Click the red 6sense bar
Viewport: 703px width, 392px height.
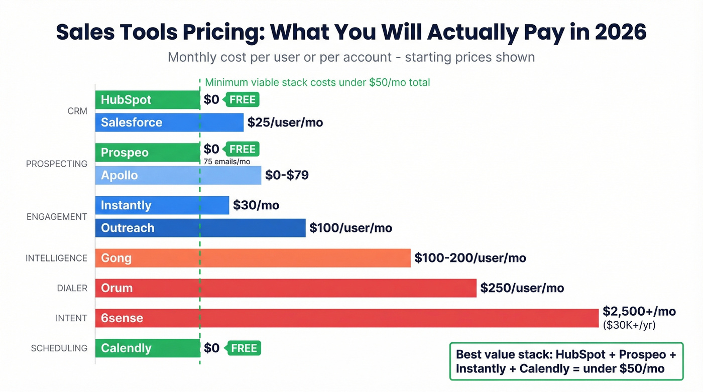tap(346, 318)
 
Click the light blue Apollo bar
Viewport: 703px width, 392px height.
tap(178, 176)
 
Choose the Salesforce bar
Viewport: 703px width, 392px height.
tap(169, 122)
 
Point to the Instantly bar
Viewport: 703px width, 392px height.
tap(162, 205)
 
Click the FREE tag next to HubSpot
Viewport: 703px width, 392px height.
tap(242, 100)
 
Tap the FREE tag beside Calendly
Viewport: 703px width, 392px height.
tap(244, 348)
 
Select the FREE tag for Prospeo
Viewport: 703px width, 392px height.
tap(242, 149)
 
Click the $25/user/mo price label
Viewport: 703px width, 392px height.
tap(285, 122)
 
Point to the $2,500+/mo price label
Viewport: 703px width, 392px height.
tap(639, 311)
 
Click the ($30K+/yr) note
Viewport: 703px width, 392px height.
tap(629, 325)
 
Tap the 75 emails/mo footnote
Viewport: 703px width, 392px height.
tap(226, 162)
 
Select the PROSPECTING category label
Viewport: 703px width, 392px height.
tap(57, 164)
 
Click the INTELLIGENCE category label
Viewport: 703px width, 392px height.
tap(57, 258)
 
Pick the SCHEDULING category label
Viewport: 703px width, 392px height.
tap(59, 348)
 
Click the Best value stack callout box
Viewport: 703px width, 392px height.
tap(566, 361)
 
